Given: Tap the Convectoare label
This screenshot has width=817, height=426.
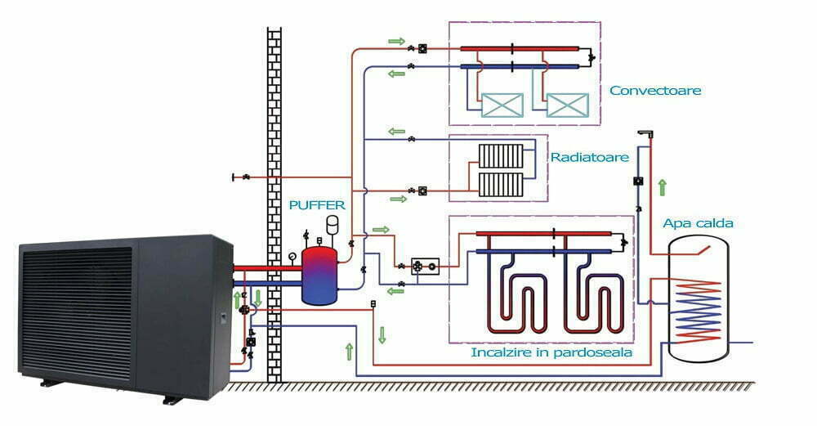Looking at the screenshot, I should click(655, 90).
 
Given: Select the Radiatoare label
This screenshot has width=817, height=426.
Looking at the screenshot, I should click(578, 157).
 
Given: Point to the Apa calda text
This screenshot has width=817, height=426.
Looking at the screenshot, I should click(698, 222).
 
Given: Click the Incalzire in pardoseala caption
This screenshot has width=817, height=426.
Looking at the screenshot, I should click(551, 353).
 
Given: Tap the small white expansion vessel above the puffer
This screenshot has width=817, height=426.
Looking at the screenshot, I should click(333, 223).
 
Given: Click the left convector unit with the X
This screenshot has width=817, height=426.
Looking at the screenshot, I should click(502, 105).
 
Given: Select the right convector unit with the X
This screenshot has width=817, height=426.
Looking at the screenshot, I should click(566, 105).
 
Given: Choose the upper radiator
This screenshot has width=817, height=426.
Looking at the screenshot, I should click(501, 155).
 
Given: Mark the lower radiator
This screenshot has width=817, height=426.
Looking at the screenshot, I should click(501, 183).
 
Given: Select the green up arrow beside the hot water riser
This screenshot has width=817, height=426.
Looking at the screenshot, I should click(662, 187).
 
